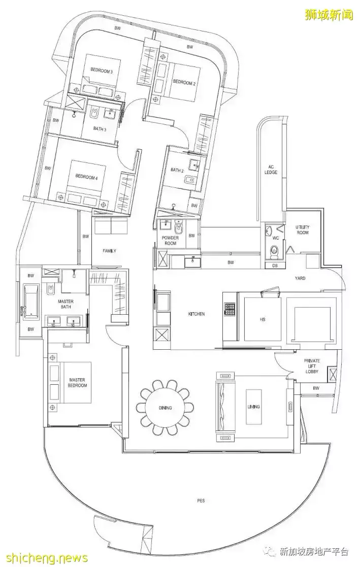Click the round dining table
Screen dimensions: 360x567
coord(165,408)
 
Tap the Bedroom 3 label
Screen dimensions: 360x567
coord(102,71)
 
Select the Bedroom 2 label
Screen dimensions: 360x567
coord(184,82)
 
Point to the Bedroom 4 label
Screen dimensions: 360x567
coord(86,177)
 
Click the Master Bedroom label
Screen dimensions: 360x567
coord(78,383)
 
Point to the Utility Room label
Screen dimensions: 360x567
coord(303,230)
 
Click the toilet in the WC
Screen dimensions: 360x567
coord(275,250)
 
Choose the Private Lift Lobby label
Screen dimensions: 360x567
coord(312,366)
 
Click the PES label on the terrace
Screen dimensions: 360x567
coord(201,501)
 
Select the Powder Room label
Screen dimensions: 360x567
coord(171,241)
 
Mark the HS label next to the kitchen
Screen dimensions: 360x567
coord(263,319)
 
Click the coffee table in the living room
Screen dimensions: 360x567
coord(253,407)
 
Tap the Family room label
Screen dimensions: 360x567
coord(109,251)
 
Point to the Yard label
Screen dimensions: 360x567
coord(300,278)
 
